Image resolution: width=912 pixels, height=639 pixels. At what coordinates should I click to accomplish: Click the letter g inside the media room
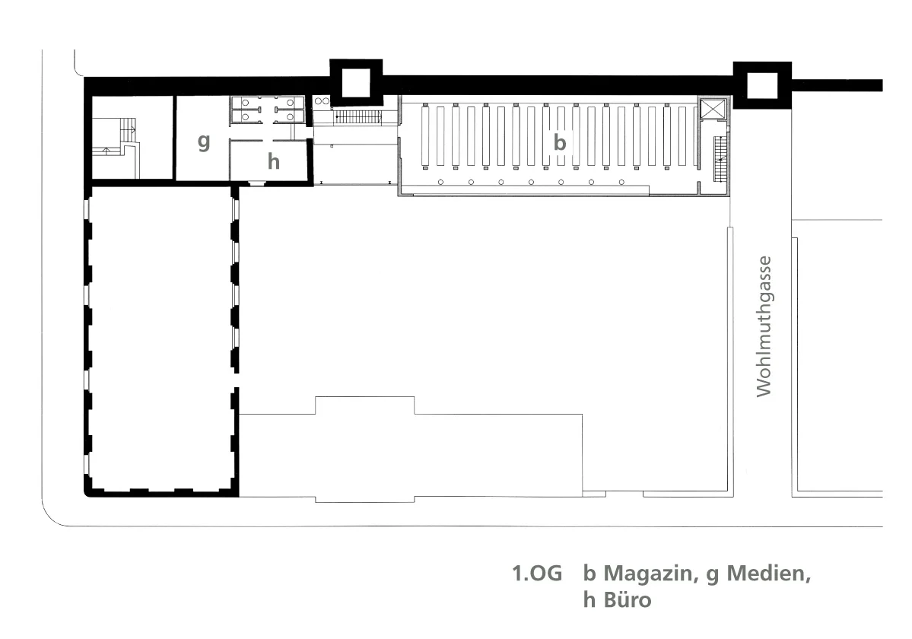tap(204, 141)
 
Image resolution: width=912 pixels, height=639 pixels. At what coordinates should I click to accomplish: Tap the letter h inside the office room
tap(273, 161)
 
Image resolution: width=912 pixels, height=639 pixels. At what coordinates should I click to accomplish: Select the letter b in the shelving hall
tap(560, 141)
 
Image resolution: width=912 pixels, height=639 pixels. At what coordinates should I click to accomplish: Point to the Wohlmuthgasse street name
tap(764, 326)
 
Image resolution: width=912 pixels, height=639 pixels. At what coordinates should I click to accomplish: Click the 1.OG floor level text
tap(537, 574)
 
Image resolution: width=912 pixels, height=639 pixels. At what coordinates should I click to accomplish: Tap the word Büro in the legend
tap(628, 599)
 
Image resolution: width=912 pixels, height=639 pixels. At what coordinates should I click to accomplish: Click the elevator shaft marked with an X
tap(713, 110)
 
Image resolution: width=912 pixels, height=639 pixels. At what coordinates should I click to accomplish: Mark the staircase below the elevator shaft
tap(720, 158)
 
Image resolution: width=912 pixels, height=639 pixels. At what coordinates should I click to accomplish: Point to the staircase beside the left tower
tap(358, 117)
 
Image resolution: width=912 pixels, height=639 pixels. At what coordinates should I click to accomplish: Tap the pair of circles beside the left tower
tap(323, 101)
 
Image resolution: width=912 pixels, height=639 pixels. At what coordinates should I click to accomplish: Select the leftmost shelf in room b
tap(426, 135)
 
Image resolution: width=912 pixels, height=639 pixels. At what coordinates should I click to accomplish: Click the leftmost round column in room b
tap(441, 182)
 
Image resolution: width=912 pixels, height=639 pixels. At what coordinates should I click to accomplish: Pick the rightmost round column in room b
tap(621, 182)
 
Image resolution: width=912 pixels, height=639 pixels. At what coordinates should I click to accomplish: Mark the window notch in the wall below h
tap(256, 183)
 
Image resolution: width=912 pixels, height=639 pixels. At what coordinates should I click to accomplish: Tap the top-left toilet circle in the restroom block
tap(246, 103)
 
